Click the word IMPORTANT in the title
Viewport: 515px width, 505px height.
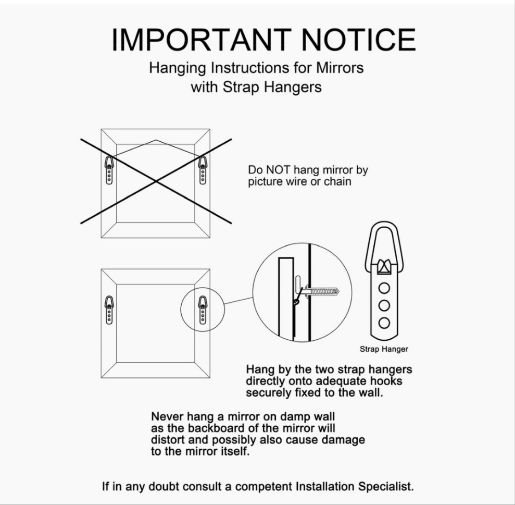(202, 40)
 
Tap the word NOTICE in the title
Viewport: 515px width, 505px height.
(359, 40)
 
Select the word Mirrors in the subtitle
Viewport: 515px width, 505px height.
(340, 68)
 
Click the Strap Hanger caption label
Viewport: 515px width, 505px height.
(384, 349)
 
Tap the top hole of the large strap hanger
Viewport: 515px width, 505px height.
(384, 288)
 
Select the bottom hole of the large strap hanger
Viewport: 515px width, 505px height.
(384, 323)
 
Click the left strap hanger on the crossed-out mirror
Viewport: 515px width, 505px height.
(109, 170)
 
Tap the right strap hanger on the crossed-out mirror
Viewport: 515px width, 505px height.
(203, 170)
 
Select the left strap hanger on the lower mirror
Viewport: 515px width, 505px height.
(109, 310)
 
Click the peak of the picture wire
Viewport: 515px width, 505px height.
(156, 140)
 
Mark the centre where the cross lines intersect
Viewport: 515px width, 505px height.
(156, 181)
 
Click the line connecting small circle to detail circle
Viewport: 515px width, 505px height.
(238, 301)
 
